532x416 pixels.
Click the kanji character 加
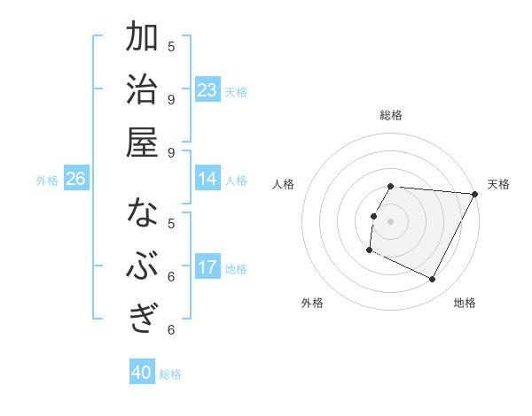[x=142, y=38]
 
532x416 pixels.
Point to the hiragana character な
[x=142, y=214]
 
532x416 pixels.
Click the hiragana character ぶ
[x=142, y=266]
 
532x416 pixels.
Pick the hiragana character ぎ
[x=142, y=319]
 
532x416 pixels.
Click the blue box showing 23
[x=207, y=90]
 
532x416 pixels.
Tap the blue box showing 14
[x=207, y=179]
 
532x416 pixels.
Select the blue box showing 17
[x=207, y=267]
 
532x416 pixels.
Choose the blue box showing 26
[x=75, y=179]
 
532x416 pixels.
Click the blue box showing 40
[x=142, y=373]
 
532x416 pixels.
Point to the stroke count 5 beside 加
[x=171, y=46]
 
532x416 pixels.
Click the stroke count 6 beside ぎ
[x=171, y=329]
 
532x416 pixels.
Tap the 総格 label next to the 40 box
[x=170, y=374]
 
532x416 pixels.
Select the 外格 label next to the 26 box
[x=47, y=180]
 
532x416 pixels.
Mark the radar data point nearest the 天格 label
[x=475, y=194]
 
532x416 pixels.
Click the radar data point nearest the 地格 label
[x=433, y=280]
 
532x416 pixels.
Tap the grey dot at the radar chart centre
[x=391, y=221]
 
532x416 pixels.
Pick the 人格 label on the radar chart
[x=284, y=184]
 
